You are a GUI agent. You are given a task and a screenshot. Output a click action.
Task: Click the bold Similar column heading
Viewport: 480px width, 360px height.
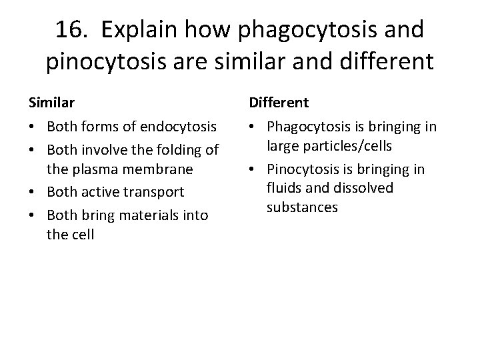(x=51, y=103)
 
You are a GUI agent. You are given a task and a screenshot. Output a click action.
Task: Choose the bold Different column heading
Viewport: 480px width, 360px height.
(x=279, y=103)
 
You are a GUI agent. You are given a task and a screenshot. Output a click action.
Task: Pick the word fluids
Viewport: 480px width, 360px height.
(x=283, y=188)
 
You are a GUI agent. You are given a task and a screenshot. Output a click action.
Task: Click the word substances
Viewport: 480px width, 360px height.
(x=302, y=207)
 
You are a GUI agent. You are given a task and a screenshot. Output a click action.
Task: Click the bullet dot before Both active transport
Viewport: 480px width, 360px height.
(x=32, y=193)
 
